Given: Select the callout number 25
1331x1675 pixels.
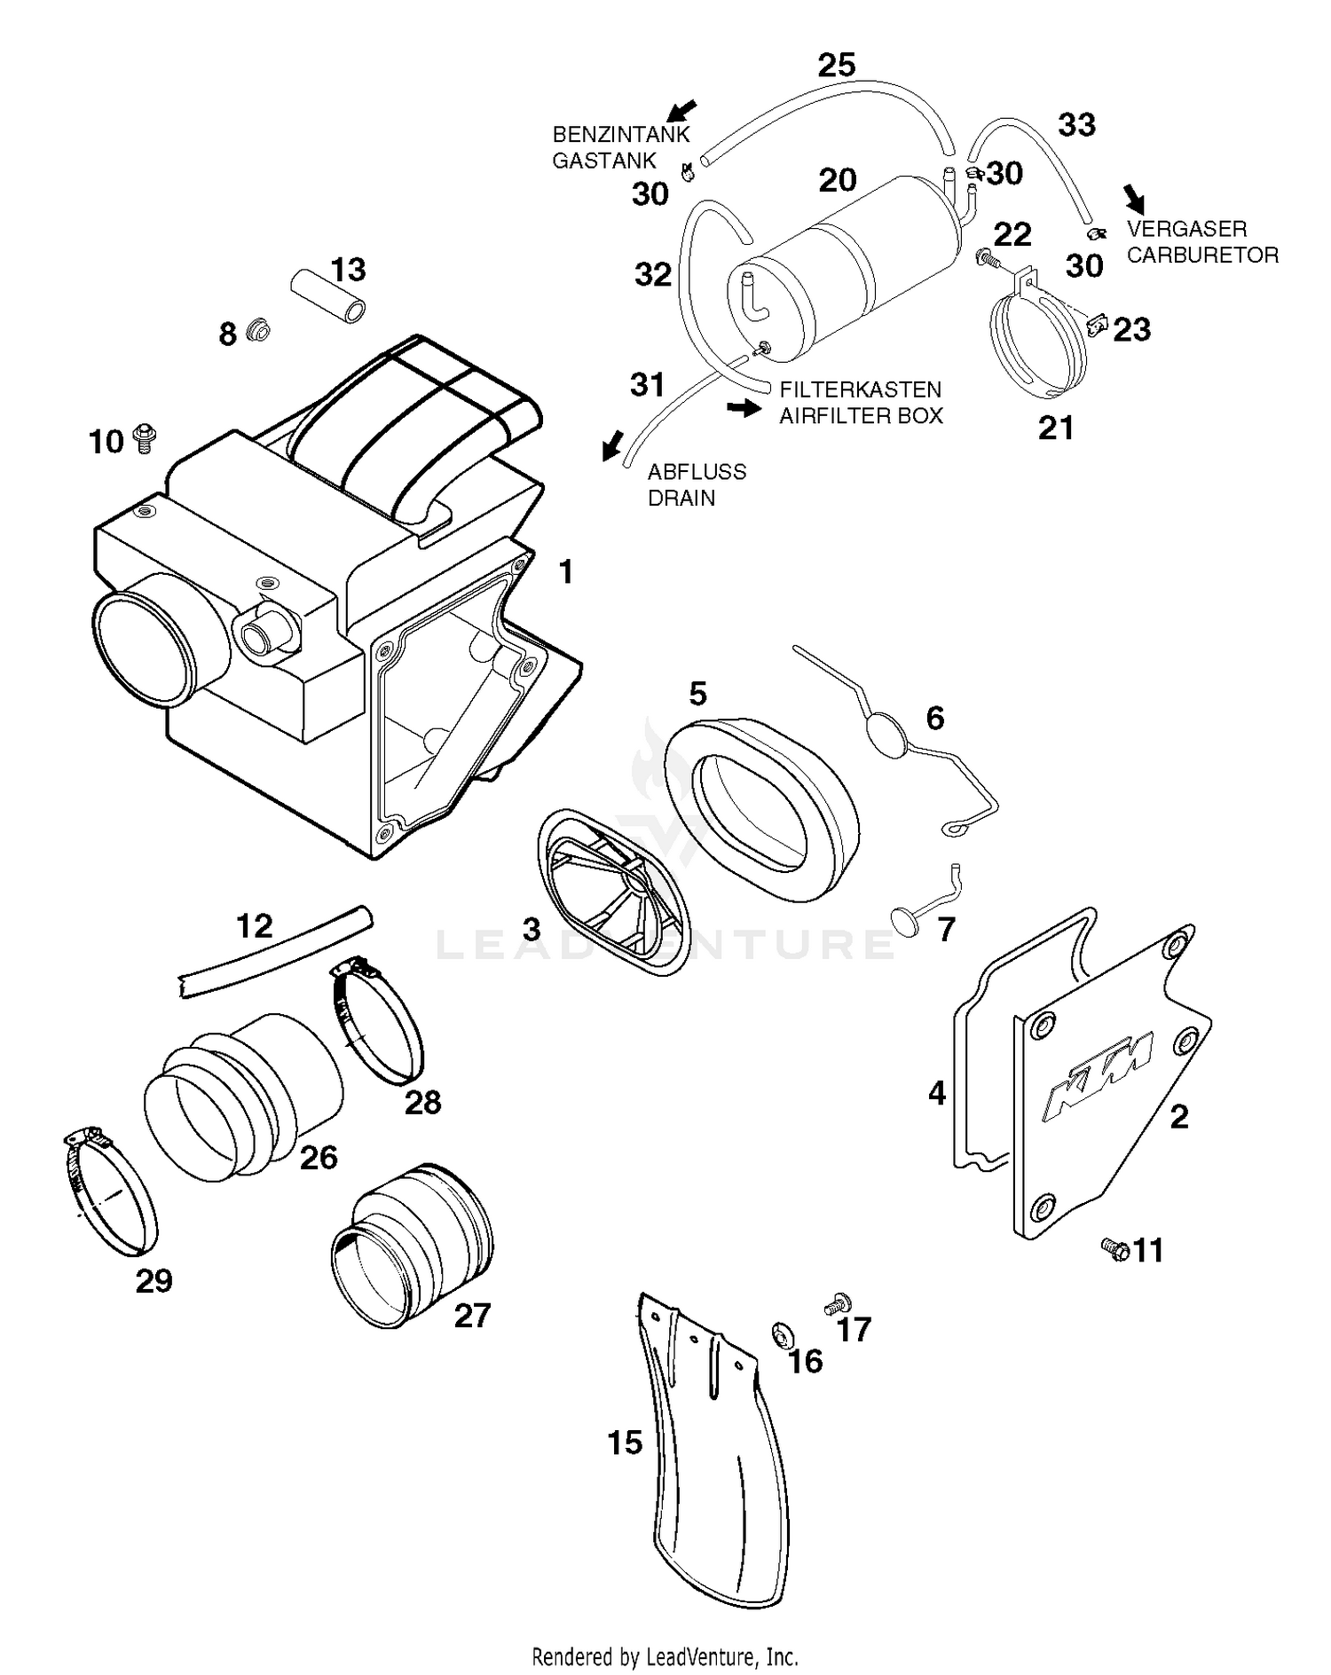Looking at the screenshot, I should point(836,65).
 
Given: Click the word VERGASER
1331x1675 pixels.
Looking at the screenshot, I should point(1186,229).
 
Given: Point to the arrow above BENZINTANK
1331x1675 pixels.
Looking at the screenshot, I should point(681,110).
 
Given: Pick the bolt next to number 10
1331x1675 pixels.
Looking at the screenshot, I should point(142,438).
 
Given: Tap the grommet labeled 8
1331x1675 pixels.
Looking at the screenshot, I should point(258,331).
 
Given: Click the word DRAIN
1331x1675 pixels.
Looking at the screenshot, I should point(681,498).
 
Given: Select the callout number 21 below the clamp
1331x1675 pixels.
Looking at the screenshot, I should point(1056,429).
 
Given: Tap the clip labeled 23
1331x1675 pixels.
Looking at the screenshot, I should point(1097,326).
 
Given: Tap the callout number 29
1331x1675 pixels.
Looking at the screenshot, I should point(154,1281).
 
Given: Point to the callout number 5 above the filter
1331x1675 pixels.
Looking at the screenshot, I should point(697,694).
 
